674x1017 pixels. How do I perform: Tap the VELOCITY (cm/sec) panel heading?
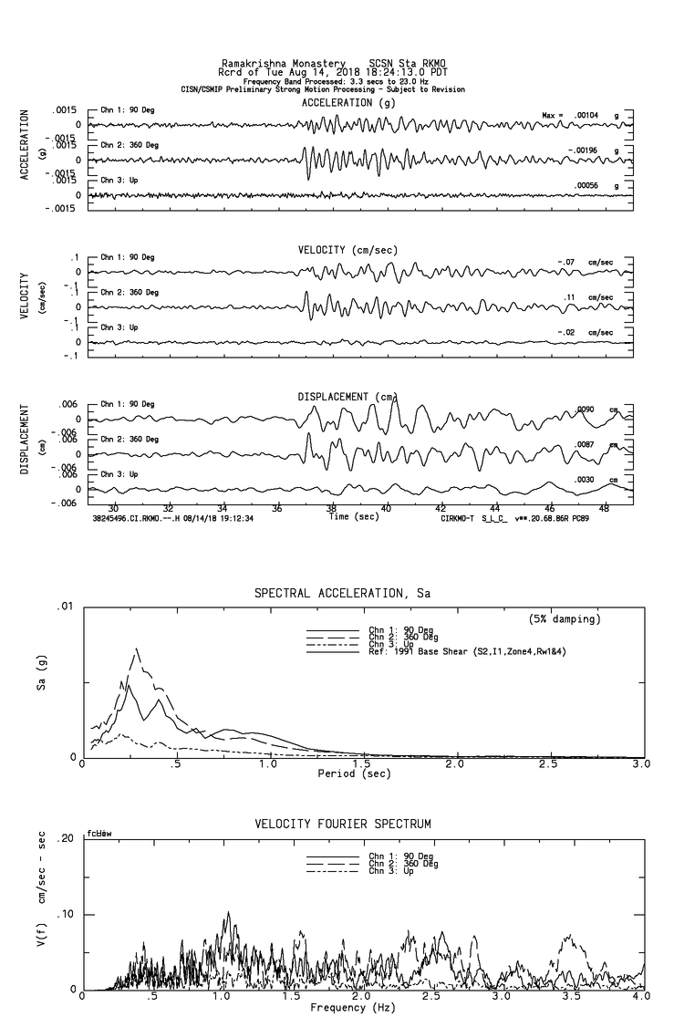[x=335, y=250]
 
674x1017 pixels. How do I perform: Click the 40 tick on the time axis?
[x=387, y=507]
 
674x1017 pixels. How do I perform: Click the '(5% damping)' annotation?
[x=565, y=619]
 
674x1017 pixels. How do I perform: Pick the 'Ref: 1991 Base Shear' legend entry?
[x=446, y=650]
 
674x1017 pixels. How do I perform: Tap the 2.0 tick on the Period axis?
[x=455, y=763]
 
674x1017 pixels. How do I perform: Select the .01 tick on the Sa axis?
[x=63, y=607]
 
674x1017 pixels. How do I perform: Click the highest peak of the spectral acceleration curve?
[x=136, y=649]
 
